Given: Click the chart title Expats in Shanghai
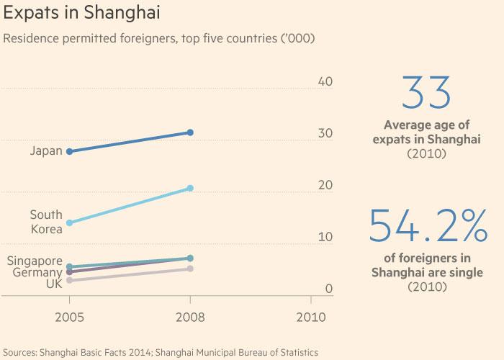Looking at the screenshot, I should tap(81, 14).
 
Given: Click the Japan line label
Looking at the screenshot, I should tap(46, 151).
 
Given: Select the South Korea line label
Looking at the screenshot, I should tap(46, 222).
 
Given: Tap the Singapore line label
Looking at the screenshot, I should tap(34, 261).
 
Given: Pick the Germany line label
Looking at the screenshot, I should tap(37, 273).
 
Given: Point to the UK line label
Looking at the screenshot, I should tap(53, 284).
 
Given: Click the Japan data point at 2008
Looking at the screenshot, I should tap(190, 132).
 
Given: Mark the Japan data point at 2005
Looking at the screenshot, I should tap(69, 151).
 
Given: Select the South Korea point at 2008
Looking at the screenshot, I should tap(190, 188).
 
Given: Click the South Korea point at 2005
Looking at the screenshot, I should tap(69, 222).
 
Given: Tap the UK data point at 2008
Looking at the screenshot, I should tap(190, 269).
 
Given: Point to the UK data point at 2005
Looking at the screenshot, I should tap(69, 280).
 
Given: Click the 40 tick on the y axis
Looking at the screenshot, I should tap(325, 81).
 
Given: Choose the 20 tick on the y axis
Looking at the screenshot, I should tap(325, 185).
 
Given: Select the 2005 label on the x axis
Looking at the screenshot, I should tap(69, 317).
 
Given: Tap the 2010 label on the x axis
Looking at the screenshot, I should tap(310, 317).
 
